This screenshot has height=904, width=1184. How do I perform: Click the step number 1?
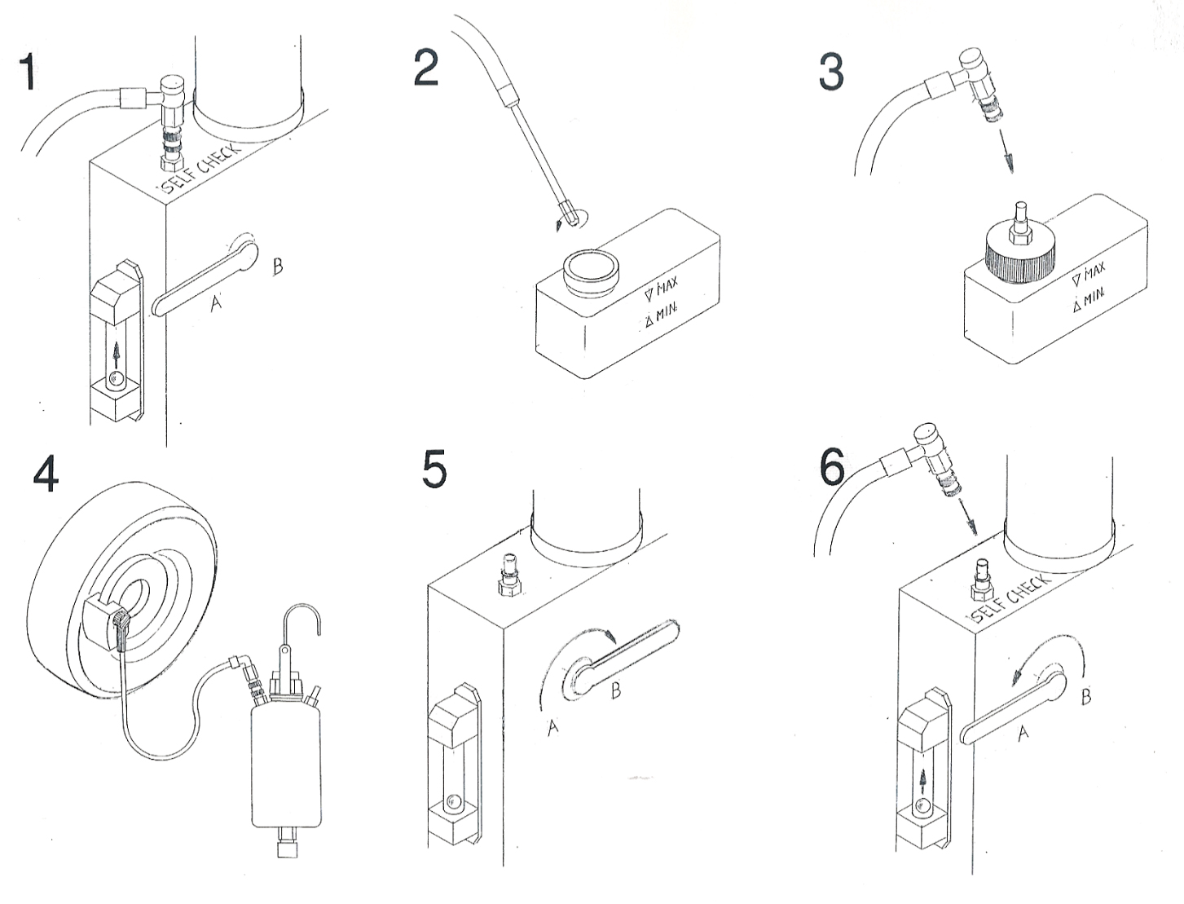pyautogui.click(x=28, y=73)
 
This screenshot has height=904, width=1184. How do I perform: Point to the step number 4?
pyautogui.click(x=46, y=474)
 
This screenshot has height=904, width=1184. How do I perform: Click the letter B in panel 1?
pyautogui.click(x=278, y=267)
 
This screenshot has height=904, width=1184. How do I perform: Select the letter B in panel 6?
pyautogui.click(x=1085, y=696)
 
